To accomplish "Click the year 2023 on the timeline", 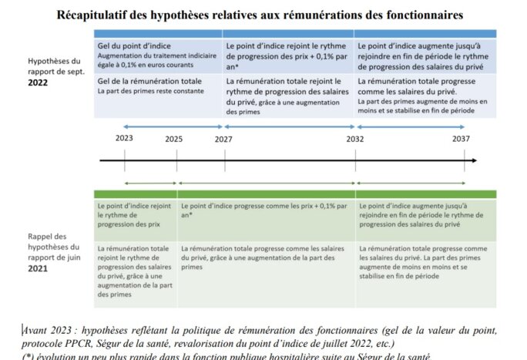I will click(x=123, y=139).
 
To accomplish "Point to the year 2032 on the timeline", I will click(x=355, y=139).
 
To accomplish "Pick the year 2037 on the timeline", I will click(x=462, y=139).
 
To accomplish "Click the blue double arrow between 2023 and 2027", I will click(x=173, y=126).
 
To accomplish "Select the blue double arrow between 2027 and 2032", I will click(x=289, y=126).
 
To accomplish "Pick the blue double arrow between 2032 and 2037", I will click(x=409, y=126).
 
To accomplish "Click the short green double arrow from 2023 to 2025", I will click(x=149, y=183).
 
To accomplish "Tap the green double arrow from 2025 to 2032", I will click(x=267, y=183).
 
